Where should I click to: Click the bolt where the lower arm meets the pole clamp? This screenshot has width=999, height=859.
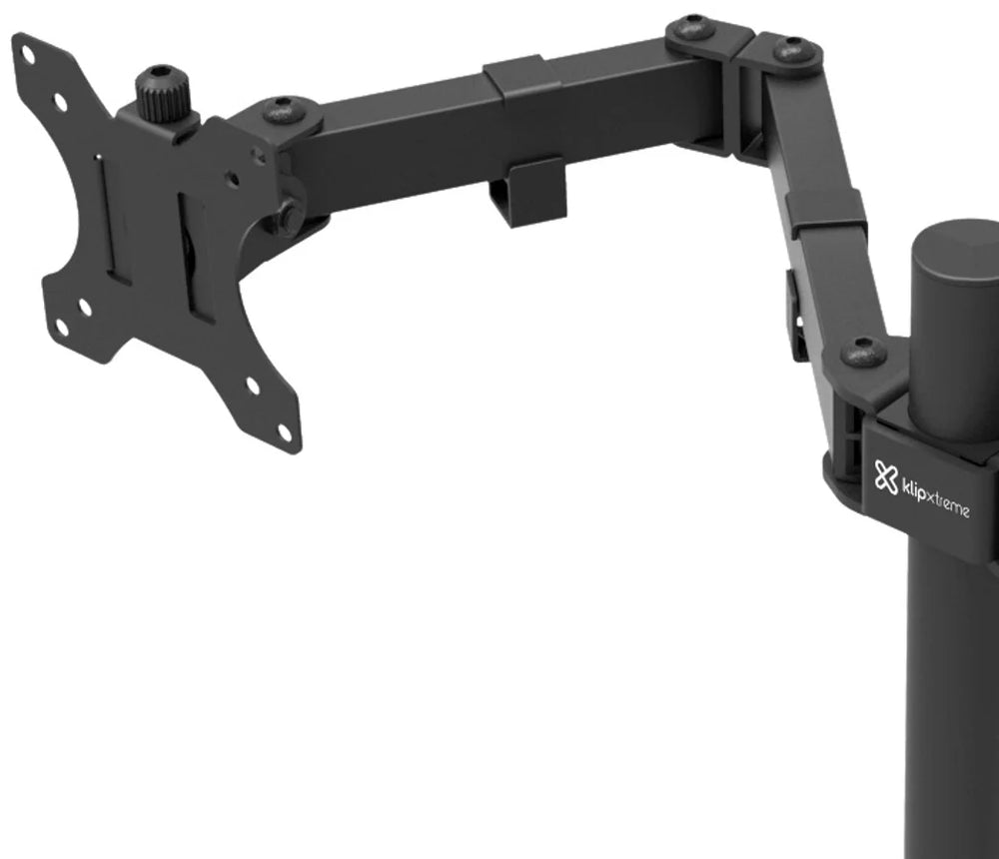tap(863, 352)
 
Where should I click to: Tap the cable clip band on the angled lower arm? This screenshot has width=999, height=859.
tap(826, 214)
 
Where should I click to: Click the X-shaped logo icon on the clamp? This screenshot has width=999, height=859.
tap(885, 476)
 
